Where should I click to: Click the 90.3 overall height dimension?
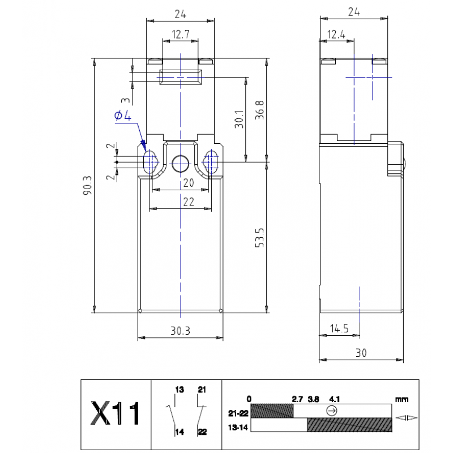pyautogui.click(x=87, y=185)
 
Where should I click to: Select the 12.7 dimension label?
pyautogui.click(x=180, y=35)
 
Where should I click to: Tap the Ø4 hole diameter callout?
pyautogui.click(x=123, y=116)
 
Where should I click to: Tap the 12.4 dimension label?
pyautogui.click(x=336, y=35)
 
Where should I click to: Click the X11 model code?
pyautogui.click(x=116, y=414)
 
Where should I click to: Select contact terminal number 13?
pyautogui.click(x=180, y=390)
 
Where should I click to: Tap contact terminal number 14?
pyautogui.click(x=180, y=432)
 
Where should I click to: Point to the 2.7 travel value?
pyautogui.click(x=298, y=399)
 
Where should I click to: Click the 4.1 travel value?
pyautogui.click(x=335, y=399)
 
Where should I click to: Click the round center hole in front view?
pyautogui.click(x=180, y=163)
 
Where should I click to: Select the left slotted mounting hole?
pyautogui.click(x=151, y=163)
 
